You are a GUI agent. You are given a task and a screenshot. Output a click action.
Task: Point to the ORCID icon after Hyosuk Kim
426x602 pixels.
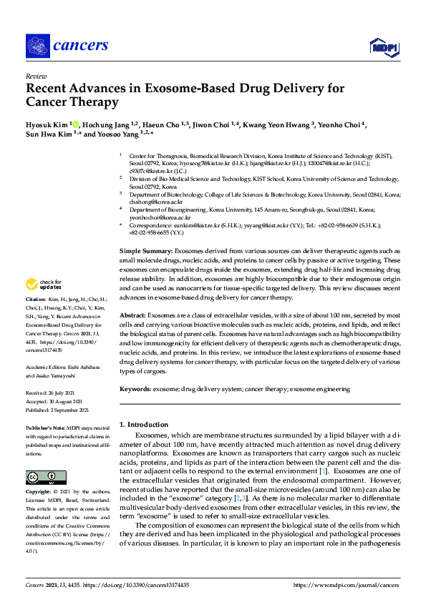[74, 124]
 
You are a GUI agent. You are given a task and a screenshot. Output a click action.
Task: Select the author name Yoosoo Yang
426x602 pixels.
[115, 134]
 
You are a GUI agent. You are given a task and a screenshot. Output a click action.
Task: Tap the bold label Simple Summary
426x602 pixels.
[146, 252]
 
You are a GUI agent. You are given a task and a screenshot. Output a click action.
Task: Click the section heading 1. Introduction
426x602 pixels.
[145, 424]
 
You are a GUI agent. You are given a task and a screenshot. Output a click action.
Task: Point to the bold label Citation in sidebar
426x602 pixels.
[36, 300]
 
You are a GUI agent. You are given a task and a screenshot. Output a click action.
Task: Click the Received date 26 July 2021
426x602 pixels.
[47, 393]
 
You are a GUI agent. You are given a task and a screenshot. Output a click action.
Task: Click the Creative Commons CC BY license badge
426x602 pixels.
[42, 476]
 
